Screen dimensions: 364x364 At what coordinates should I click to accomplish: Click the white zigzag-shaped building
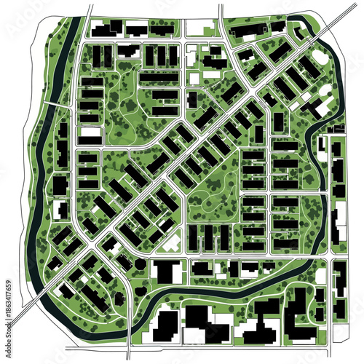click(172, 243)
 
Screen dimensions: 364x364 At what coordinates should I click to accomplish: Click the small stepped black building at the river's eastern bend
click(321, 145)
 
